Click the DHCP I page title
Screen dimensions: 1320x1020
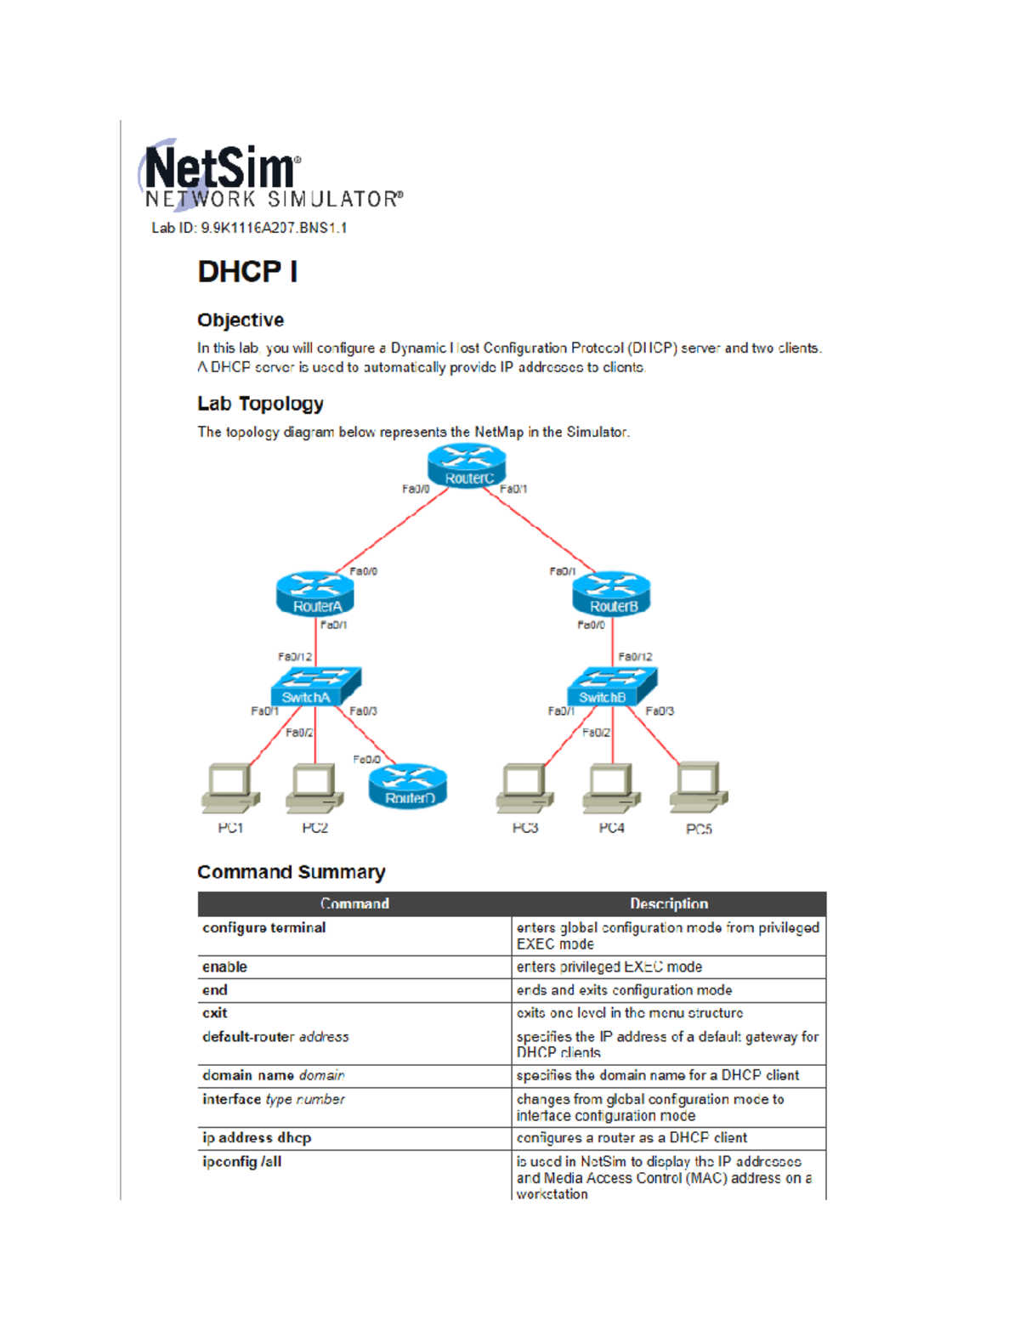[x=247, y=272]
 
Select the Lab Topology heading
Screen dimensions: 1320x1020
[x=260, y=404]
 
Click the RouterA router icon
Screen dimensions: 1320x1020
[x=315, y=593]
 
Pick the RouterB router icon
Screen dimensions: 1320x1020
[x=611, y=593]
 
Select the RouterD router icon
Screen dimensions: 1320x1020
[x=408, y=785]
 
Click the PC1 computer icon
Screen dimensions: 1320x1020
[x=230, y=789]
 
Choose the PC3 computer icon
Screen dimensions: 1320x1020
[x=525, y=789]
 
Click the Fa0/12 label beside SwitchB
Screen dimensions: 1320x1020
[x=635, y=657]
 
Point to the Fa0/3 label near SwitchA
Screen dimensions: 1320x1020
[x=363, y=711]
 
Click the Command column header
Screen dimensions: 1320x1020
[x=354, y=904]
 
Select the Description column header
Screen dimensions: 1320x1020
[x=669, y=904]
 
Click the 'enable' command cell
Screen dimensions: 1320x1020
[x=225, y=967]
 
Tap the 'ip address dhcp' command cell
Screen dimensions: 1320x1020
[x=257, y=1138]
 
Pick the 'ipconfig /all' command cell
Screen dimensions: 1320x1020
[x=242, y=1162]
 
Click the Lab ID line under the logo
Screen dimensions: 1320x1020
[x=249, y=228]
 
